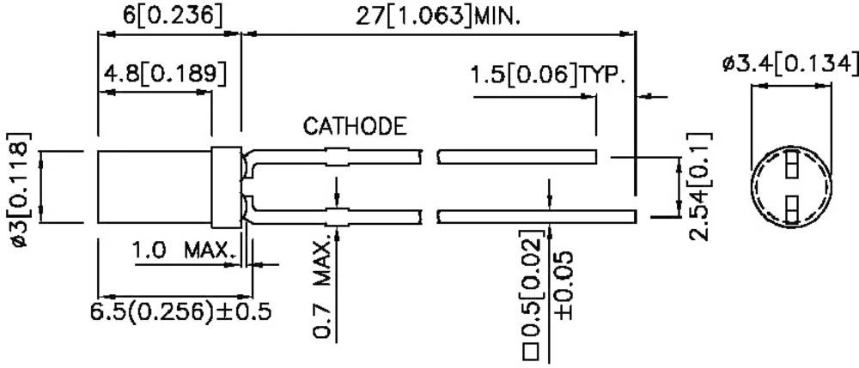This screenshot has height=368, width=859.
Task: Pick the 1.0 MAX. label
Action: pos(180,251)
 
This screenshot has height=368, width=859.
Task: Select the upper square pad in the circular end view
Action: pos(792,162)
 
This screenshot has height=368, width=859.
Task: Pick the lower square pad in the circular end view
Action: pos(792,205)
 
